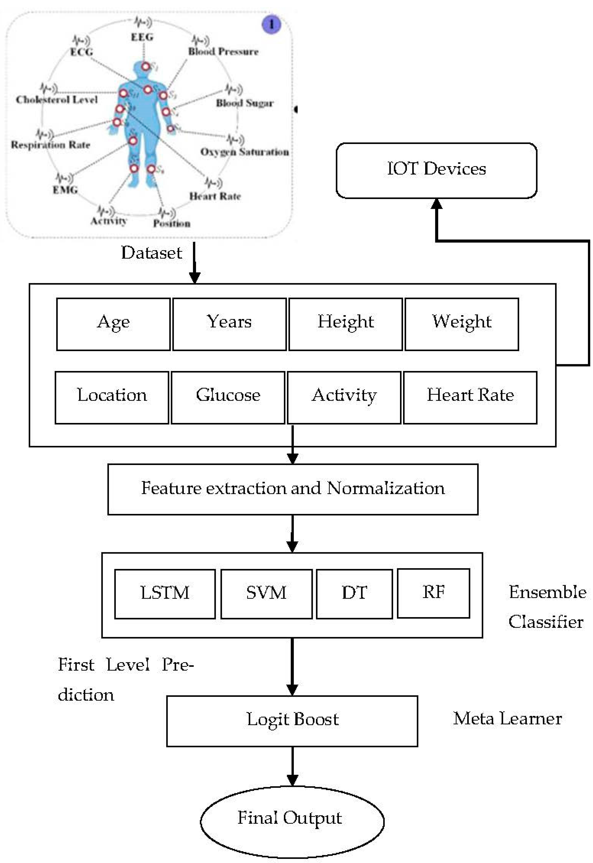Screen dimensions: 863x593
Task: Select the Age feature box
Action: [x=113, y=324]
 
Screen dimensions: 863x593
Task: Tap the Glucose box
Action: [x=228, y=397]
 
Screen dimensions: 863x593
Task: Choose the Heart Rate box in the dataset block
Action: [x=470, y=397]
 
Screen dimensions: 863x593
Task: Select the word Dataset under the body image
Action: [x=152, y=253]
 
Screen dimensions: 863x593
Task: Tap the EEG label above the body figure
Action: [x=142, y=37]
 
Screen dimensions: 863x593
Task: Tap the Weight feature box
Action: [x=462, y=324]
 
